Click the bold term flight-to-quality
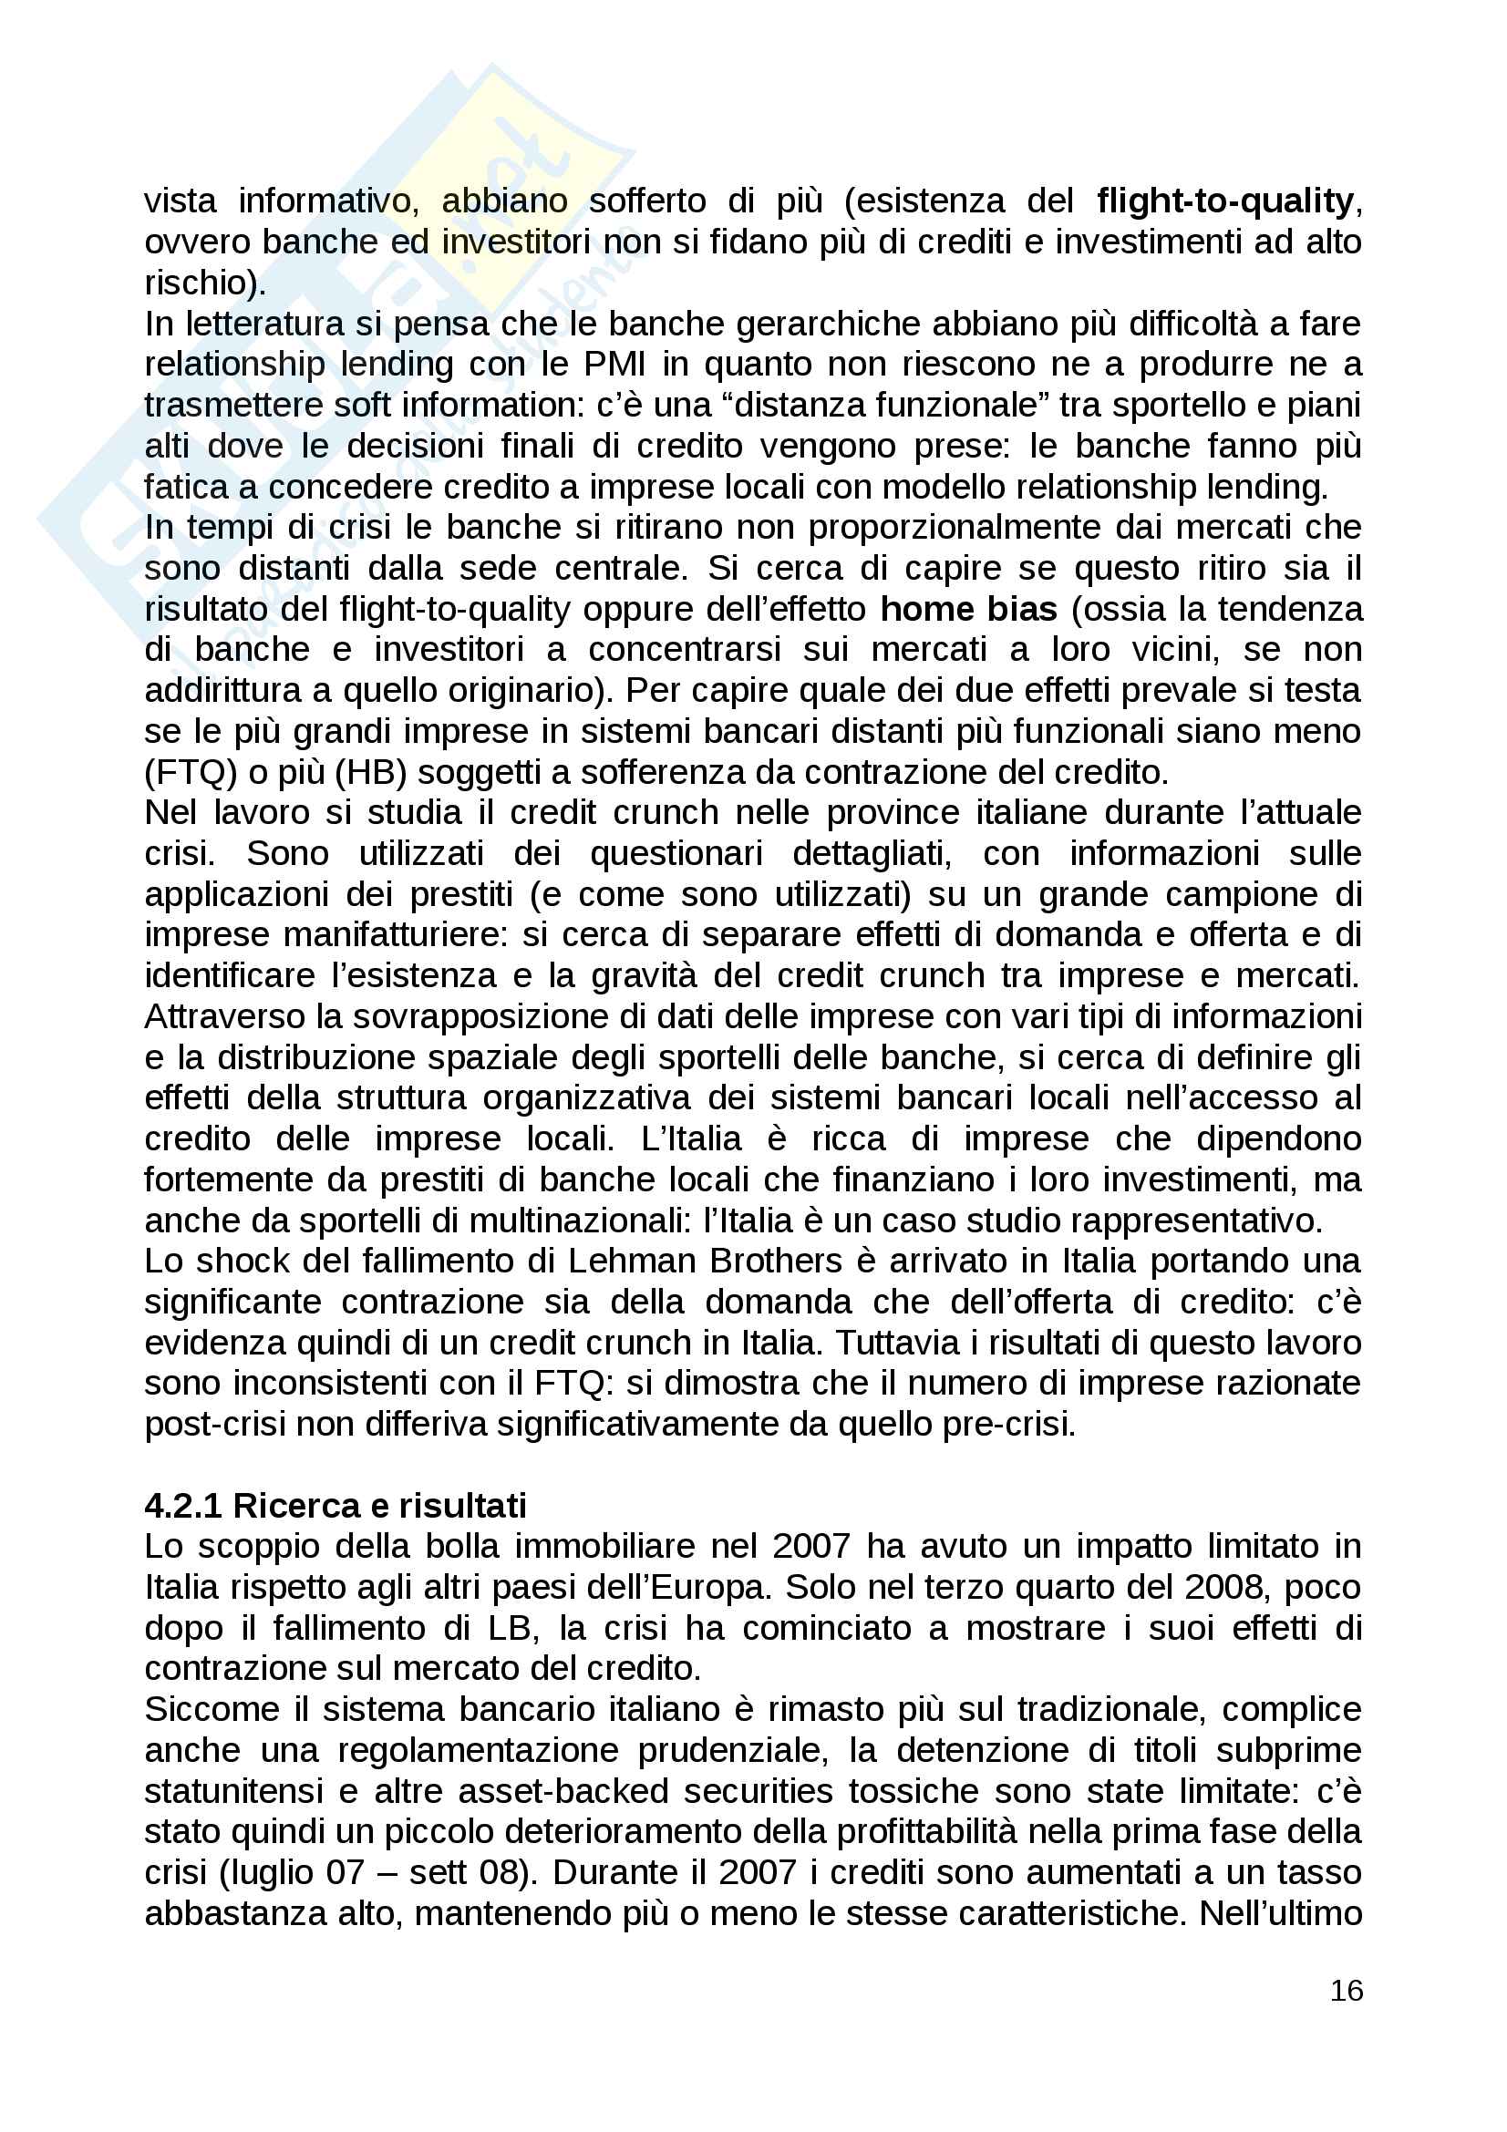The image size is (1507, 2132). (x=1224, y=201)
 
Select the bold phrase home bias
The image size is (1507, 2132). (x=968, y=609)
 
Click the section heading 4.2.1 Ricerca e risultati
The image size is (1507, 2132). (x=335, y=1505)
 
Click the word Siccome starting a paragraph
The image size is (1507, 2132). (x=212, y=1709)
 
